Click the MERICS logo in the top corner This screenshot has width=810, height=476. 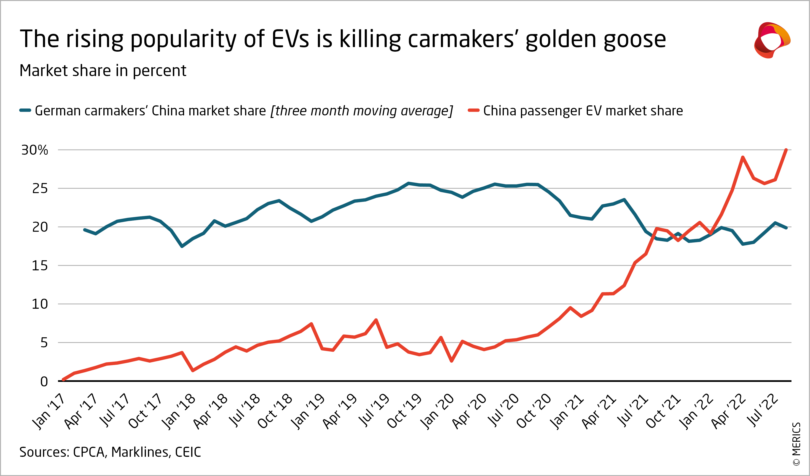tap(772, 40)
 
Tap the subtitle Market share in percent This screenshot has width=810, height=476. tap(103, 71)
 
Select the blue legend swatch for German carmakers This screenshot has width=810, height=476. tap(25, 111)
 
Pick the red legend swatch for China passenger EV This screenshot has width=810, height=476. tap(473, 111)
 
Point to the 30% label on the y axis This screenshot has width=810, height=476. tap(34, 150)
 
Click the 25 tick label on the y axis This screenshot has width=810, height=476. tap(40, 189)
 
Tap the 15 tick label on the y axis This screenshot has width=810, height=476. tap(40, 266)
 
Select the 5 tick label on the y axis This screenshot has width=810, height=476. tap(44, 343)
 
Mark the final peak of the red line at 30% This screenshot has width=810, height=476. tap(786, 150)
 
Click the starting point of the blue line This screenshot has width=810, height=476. tap(85, 230)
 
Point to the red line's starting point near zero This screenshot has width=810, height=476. tap(63, 380)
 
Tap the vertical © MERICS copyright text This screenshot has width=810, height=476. tap(797, 444)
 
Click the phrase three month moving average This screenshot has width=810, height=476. tap(362, 111)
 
